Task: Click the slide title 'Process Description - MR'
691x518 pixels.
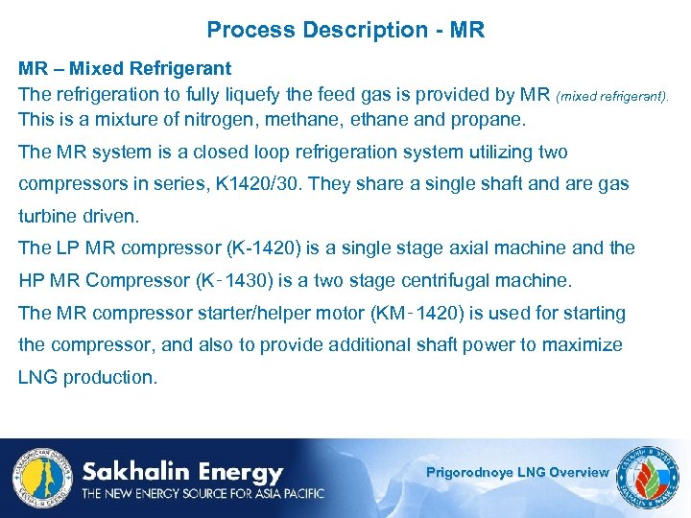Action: pos(345,30)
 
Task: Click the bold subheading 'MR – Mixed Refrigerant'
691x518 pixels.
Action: pos(125,69)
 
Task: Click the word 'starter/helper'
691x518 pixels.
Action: pos(293,313)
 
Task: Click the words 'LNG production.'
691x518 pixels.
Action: pos(86,377)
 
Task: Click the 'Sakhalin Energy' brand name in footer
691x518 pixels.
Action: pos(182,472)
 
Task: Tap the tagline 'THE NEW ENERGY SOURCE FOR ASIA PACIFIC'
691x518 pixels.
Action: pos(203,494)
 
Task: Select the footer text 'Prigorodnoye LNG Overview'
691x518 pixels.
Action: pos(517,472)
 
